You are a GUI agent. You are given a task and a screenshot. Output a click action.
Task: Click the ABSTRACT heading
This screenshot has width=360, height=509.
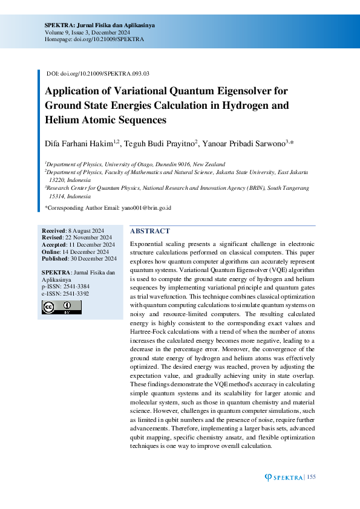(150, 231)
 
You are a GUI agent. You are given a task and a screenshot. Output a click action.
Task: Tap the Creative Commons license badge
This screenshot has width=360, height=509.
(61, 307)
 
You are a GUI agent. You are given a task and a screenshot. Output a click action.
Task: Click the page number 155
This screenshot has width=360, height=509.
(311, 478)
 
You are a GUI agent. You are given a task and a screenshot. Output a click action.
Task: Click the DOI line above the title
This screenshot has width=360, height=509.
(98, 74)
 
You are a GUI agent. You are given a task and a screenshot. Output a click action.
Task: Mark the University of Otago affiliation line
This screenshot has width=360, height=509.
(136, 164)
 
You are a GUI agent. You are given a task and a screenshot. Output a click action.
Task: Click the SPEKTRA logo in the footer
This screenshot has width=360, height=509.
(284, 478)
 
